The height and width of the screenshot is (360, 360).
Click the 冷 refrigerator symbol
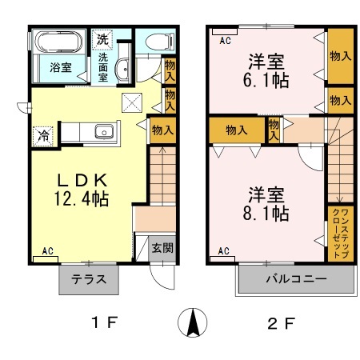(x=41, y=136)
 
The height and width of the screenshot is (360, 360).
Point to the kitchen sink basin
(x=102, y=133)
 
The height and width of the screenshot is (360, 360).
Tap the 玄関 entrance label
(x=162, y=248)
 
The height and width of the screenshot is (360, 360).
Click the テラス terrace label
(x=87, y=281)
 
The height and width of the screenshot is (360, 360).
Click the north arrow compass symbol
(x=192, y=323)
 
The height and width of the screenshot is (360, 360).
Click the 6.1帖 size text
(x=267, y=79)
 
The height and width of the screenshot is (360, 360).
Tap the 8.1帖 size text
(x=267, y=214)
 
